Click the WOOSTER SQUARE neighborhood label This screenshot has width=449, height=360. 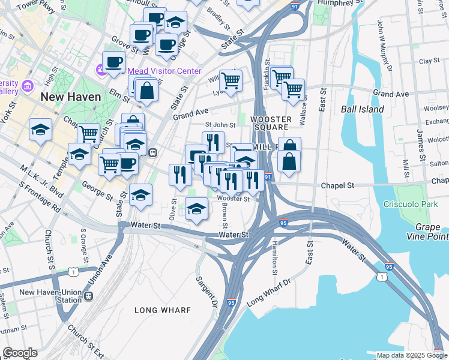click(x=270, y=124)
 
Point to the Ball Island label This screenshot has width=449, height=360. click(x=362, y=109)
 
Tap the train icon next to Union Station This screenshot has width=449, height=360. click(x=89, y=296)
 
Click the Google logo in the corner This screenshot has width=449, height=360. click(x=20, y=353)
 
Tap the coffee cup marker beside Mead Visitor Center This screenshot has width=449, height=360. click(x=113, y=61)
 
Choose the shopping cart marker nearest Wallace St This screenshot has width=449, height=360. click(x=292, y=90)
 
